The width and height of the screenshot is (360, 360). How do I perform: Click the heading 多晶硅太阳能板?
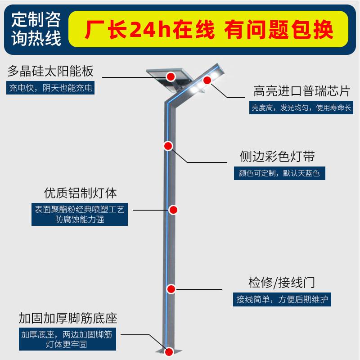(50, 71)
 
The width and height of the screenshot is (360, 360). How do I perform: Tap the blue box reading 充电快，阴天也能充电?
(50, 88)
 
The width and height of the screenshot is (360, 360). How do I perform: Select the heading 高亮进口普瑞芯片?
(301, 91)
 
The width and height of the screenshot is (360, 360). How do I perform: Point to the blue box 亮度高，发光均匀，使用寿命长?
(301, 108)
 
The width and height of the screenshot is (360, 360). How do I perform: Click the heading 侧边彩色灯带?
(277, 157)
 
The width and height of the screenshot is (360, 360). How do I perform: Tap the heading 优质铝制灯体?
(80, 193)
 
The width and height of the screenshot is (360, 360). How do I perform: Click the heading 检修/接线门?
(282, 283)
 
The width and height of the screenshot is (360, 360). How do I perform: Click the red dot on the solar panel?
(171, 76)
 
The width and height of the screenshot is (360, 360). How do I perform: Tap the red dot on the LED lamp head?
(207, 81)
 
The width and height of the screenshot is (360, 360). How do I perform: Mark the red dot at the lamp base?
(169, 352)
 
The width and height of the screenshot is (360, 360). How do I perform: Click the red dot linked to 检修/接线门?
(171, 289)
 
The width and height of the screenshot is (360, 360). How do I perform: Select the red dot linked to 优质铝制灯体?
(173, 210)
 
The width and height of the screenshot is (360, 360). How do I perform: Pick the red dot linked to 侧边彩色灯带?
(168, 146)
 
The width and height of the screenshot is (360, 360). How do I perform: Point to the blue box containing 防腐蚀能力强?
(80, 215)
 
